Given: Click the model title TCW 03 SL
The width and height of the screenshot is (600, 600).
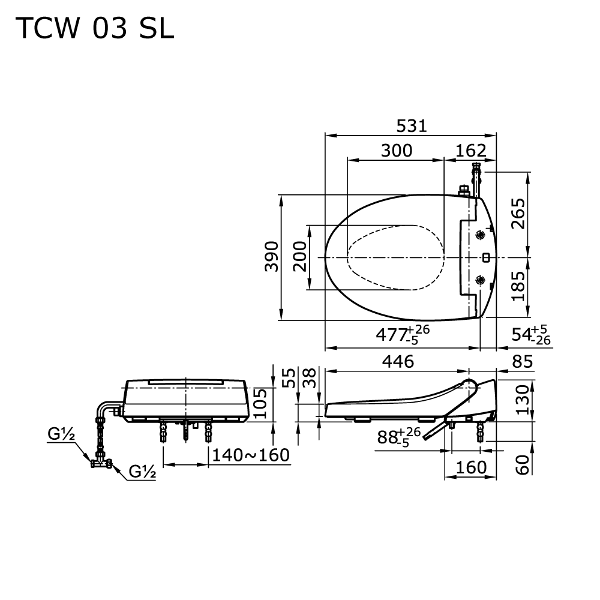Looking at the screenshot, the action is coord(95,28).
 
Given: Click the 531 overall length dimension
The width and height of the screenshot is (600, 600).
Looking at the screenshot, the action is coord(412,126).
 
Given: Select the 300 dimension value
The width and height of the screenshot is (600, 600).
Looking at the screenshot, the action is coord(397,151).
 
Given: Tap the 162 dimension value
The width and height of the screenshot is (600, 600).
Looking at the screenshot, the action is coord(470,151).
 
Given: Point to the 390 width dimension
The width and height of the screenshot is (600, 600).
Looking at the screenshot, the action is coord(272,256).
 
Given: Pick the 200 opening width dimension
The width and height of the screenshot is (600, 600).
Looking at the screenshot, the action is coord(301,256).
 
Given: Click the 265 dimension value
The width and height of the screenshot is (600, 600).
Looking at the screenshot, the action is coord(518,214).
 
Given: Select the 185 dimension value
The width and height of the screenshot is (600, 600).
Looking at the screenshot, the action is coord(518,286).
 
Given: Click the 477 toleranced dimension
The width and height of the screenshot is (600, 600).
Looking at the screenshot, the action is coord(403,334).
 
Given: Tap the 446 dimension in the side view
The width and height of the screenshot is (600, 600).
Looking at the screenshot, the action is coord(398,362).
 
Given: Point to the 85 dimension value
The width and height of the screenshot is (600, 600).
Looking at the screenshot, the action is coord(523,362).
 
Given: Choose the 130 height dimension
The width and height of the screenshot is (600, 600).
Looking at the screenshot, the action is coord(523,400).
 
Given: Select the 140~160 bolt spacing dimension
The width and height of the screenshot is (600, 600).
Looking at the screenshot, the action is coord(251,455).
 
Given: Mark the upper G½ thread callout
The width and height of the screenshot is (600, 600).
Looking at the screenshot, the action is coord(61,434).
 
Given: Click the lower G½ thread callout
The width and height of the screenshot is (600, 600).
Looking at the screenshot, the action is coord(142,472).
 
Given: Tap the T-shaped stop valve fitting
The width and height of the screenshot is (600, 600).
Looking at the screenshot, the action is coord(101,464).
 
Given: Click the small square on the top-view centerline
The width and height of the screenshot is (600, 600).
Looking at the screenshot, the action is coord(486,257).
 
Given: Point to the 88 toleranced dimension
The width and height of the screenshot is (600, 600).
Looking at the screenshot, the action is coord(399,437).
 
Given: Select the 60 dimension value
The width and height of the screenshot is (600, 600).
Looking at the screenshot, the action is coord(523,465).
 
